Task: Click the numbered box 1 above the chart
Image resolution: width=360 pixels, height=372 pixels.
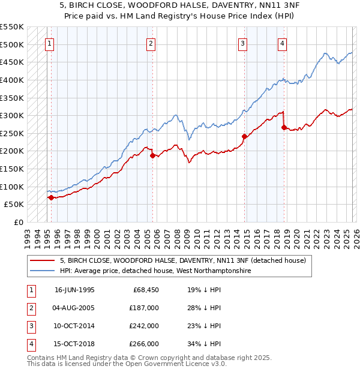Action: click(49, 43)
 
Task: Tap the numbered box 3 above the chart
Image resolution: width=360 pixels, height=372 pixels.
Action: click(242, 43)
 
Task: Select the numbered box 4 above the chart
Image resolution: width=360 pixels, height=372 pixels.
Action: click(282, 43)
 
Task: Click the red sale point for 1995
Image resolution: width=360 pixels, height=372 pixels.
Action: click(51, 197)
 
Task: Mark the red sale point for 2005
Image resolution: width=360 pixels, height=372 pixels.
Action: click(152, 155)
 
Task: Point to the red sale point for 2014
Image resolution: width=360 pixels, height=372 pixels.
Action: click(244, 136)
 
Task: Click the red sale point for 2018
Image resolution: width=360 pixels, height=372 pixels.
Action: click(284, 127)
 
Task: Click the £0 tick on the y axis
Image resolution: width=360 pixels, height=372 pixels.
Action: click(18, 222)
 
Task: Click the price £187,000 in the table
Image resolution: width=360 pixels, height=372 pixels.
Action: click(145, 307)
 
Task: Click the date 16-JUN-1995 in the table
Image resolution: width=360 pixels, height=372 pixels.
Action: click(74, 289)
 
